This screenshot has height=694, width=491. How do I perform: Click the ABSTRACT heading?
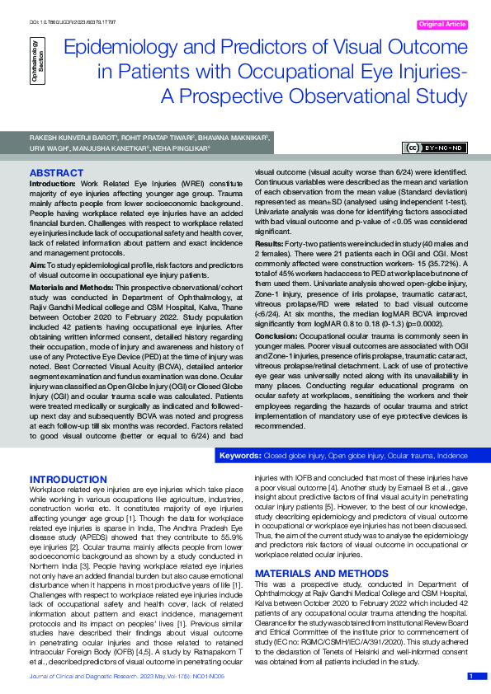56,173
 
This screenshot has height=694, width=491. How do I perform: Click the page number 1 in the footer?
470,676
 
